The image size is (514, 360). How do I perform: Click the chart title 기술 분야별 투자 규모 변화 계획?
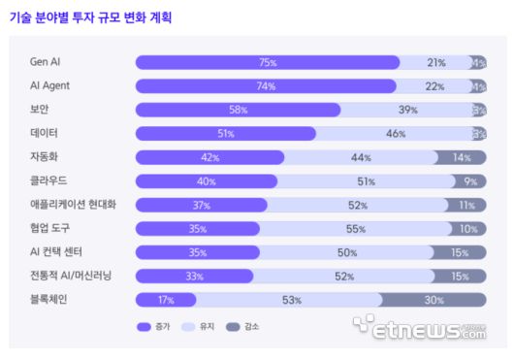click(x=91, y=17)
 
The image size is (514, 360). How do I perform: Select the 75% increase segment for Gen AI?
click(x=268, y=62)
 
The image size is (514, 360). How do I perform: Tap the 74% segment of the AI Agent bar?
click(x=266, y=86)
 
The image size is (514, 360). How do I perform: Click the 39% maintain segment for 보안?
click(x=406, y=110)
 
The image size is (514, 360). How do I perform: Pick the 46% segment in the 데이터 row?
click(x=395, y=134)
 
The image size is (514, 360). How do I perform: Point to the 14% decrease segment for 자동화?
click(x=461, y=157)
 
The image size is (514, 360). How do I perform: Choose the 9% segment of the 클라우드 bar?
click(x=469, y=181)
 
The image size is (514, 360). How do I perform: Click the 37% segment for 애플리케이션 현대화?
click(x=201, y=205)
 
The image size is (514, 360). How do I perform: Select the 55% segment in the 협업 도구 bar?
click(x=356, y=229)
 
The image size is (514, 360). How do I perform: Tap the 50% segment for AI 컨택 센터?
click(x=346, y=252)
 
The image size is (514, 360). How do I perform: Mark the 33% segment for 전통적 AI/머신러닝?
click(x=194, y=277)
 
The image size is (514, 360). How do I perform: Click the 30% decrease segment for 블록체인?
click(x=434, y=300)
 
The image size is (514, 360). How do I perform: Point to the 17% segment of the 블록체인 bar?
click(x=165, y=300)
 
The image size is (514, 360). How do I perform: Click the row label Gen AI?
click(x=45, y=62)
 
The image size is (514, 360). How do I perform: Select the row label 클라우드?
click(x=48, y=181)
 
